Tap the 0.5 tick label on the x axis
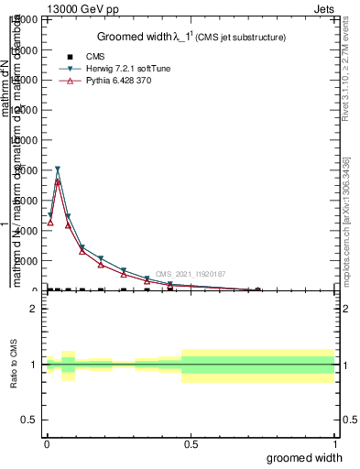click(x=191, y=444)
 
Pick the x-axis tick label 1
click(x=334, y=444)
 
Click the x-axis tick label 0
click(x=47, y=444)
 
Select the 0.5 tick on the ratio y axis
click(x=28, y=420)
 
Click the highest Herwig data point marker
click(x=58, y=169)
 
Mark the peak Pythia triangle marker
click(x=58, y=181)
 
